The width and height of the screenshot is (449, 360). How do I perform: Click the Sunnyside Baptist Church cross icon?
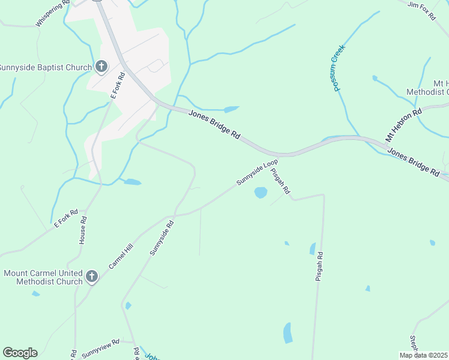[x=101, y=67]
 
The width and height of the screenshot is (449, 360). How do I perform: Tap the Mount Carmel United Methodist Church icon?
[x=91, y=277]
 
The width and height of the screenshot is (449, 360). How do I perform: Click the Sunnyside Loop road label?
[x=257, y=172]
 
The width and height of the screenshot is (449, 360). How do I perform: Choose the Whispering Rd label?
[x=53, y=13]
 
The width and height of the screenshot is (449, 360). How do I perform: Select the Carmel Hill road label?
[x=121, y=257]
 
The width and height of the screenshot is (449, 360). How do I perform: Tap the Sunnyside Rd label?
[x=161, y=238]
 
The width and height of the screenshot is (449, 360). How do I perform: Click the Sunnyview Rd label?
[x=100, y=348]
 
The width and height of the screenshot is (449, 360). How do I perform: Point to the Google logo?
[x=20, y=353]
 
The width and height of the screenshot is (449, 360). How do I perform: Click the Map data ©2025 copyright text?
[x=424, y=355]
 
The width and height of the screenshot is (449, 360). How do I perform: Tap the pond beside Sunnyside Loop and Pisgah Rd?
[x=261, y=193]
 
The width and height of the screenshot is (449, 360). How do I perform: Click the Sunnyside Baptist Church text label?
[x=46, y=67]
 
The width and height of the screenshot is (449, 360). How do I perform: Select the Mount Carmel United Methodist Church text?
[x=43, y=277]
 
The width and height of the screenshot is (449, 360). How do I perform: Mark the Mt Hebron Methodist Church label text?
[x=427, y=88]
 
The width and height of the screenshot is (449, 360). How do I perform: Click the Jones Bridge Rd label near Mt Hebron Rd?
[x=413, y=161]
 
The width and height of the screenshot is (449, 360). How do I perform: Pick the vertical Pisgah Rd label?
[x=319, y=266]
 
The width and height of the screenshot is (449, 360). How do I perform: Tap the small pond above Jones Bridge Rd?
[x=231, y=109]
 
